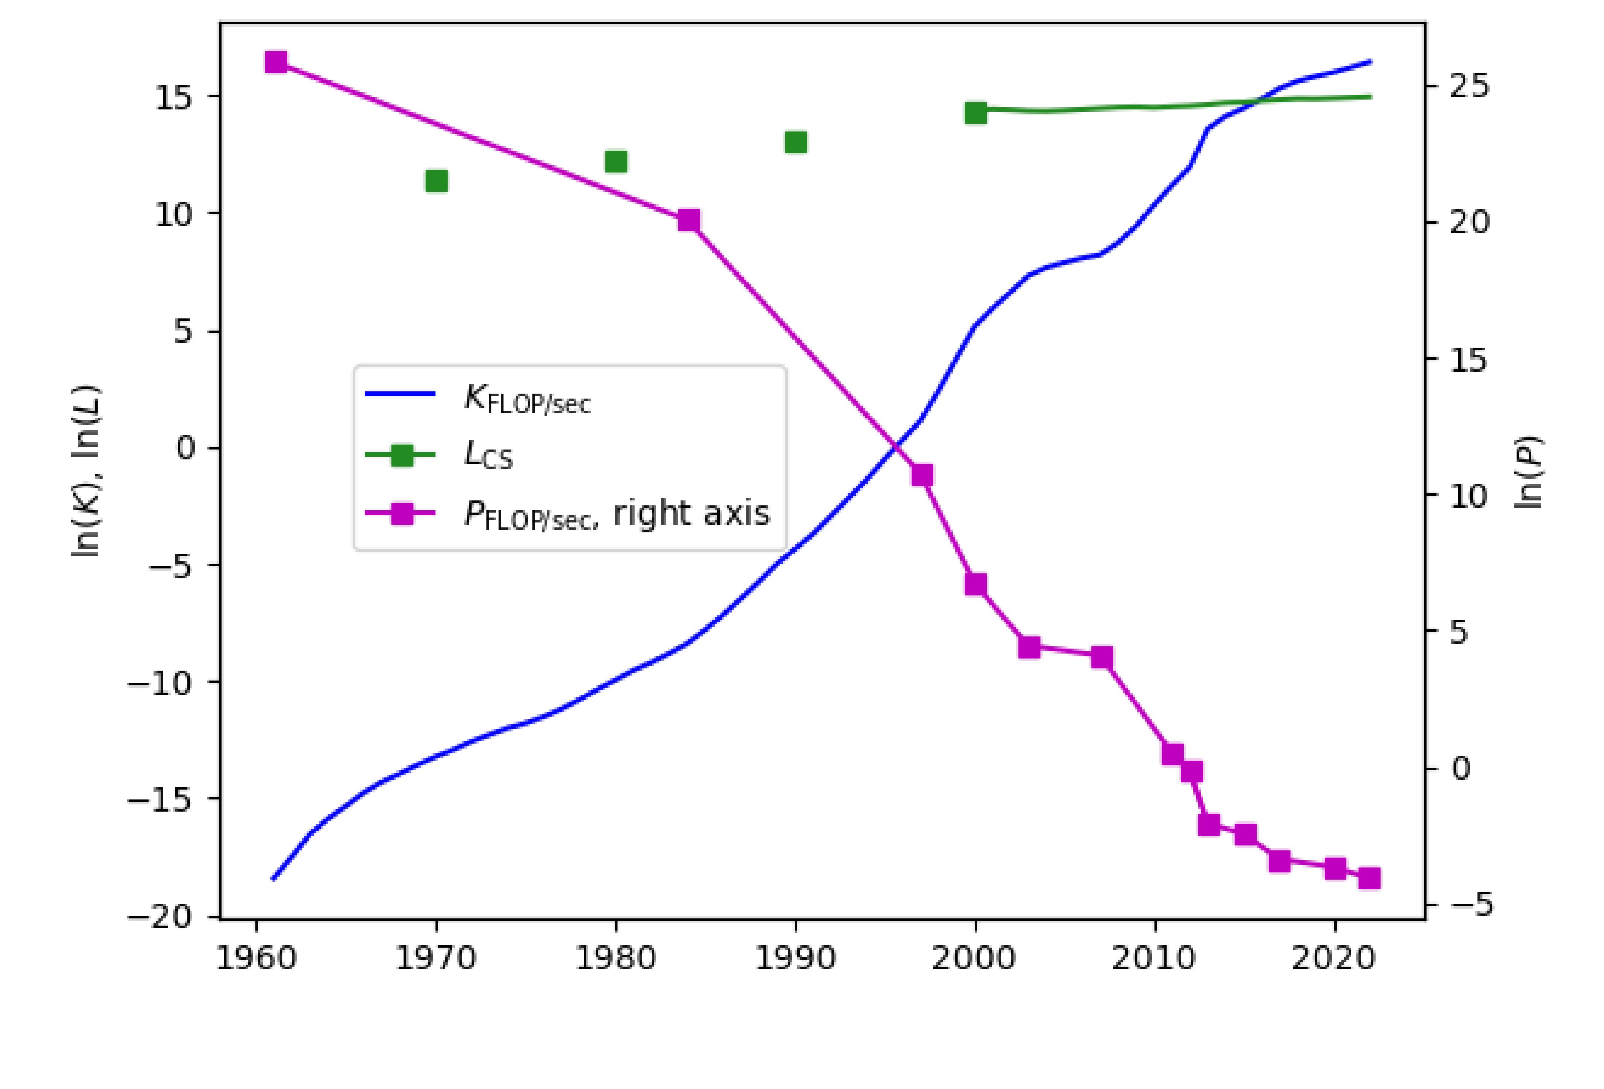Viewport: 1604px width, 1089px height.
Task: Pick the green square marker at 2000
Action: click(x=975, y=113)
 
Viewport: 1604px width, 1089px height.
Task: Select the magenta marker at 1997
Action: click(x=922, y=475)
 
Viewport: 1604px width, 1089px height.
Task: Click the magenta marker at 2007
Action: click(x=1102, y=658)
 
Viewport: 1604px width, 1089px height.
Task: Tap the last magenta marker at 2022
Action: click(x=1369, y=878)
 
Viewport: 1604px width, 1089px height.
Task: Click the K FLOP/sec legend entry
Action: click(x=527, y=399)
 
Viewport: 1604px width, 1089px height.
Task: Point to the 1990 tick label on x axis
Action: click(x=796, y=959)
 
